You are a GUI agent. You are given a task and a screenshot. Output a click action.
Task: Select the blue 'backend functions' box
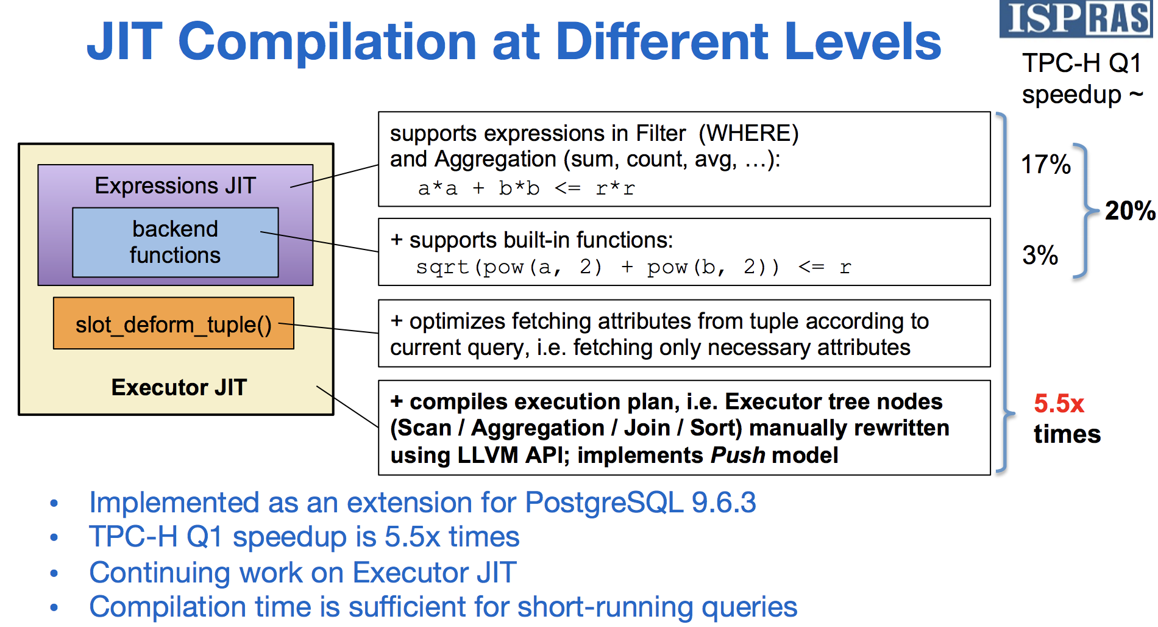176,242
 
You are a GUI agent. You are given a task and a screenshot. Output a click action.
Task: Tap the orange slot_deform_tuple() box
174,323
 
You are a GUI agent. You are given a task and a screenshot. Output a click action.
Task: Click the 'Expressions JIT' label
176,185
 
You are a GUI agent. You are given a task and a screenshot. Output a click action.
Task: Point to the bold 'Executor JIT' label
179,387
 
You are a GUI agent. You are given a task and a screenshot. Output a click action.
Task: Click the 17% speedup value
1046,165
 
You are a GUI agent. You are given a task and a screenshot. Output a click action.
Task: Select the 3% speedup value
1040,255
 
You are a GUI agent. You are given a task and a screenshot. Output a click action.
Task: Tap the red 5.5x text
1059,404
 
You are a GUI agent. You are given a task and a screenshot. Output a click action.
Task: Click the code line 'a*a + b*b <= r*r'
527,188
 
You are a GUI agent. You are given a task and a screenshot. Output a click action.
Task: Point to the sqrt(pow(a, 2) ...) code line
633,267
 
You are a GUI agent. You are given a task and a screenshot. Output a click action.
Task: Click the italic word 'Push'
738,455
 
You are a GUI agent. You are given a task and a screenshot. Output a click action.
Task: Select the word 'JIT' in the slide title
124,41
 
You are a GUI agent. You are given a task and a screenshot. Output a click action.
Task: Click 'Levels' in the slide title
863,41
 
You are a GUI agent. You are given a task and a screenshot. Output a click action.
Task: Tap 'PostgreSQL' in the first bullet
605,503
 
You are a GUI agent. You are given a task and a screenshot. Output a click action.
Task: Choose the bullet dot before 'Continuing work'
54,573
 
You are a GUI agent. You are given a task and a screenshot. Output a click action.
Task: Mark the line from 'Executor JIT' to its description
347,406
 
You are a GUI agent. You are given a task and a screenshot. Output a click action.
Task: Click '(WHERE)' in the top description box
748,134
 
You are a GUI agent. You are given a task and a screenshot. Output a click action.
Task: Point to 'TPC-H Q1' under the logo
1082,63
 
